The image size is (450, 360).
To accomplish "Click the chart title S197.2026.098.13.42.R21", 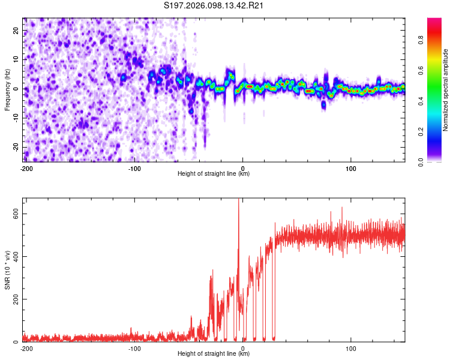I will (214, 6).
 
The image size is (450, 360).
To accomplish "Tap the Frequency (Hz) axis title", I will (7, 89).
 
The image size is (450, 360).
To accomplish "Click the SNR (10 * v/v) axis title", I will (7, 269).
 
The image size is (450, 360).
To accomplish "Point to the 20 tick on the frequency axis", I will (16, 30).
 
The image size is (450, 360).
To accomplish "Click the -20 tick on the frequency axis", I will (15, 147).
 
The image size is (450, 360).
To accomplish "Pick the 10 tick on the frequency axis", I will (16, 59).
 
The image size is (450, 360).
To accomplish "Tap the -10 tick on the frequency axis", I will (15, 118).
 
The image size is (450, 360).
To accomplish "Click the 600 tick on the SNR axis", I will (14, 214).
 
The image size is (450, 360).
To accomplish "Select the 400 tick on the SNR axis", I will (14, 257).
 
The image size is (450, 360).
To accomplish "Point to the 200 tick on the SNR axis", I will (14, 299).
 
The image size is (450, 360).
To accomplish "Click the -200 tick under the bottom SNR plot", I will (26, 348).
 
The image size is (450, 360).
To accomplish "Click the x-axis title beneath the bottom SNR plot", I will (214, 354).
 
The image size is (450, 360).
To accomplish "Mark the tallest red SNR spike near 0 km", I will (239, 201).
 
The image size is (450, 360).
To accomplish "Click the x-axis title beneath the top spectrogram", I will (214, 174).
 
